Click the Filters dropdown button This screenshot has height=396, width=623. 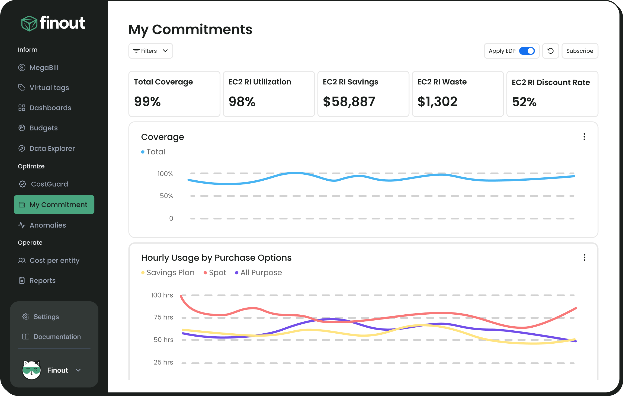[x=150, y=51]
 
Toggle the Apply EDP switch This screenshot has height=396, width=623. [x=527, y=51]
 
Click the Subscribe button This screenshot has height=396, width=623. [x=580, y=51]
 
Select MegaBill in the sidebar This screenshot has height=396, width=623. [x=44, y=68]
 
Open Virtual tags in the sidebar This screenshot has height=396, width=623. [x=49, y=88]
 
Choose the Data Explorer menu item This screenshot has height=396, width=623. [x=52, y=148]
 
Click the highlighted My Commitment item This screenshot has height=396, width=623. [x=54, y=205]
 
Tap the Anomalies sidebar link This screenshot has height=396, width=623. [x=48, y=225]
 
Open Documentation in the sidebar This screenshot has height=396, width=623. [x=57, y=337]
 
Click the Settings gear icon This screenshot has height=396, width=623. [x=26, y=317]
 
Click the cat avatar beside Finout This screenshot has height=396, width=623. [x=31, y=370]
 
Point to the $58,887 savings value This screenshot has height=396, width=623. [x=349, y=102]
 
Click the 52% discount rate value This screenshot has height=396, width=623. [x=524, y=102]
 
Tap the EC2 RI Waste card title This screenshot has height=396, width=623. [x=442, y=82]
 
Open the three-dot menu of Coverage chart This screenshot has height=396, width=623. [x=584, y=137]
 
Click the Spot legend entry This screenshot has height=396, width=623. [x=217, y=273]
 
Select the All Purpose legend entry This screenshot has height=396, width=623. [x=261, y=273]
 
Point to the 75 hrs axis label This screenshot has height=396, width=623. [x=163, y=317]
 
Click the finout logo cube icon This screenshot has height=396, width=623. [x=29, y=24]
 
